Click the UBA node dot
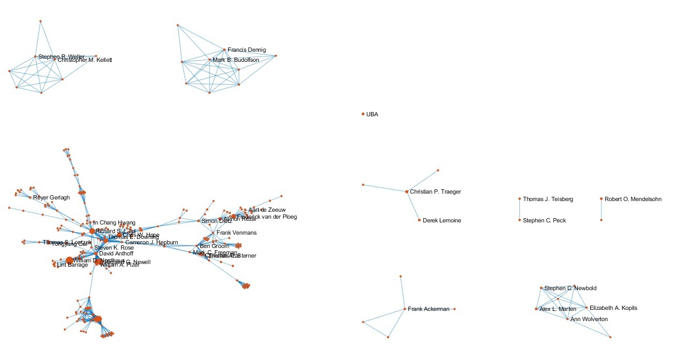pyautogui.click(x=363, y=114)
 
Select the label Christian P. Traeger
pyautogui.click(x=435, y=191)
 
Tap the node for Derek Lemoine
pyautogui.click(x=420, y=220)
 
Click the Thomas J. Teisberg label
pyautogui.click(x=548, y=199)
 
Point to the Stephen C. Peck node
pyautogui.click(x=520, y=220)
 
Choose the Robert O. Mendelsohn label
pyautogui.click(x=633, y=199)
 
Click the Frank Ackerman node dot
pyautogui.click(x=405, y=309)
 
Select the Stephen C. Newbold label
pyautogui.click(x=570, y=288)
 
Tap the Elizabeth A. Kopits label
pyautogui.click(x=613, y=308)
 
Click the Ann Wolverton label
pyautogui.click(x=589, y=319)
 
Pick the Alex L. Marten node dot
pyautogui.click(x=536, y=309)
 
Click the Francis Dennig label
pyautogui.click(x=246, y=50)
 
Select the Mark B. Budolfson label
pyautogui.click(x=236, y=60)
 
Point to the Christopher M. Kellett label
pyautogui.click(x=85, y=60)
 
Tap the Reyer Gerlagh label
pyautogui.click(x=51, y=197)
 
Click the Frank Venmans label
pyautogui.click(x=236, y=233)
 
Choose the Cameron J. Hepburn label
pyautogui.click(x=151, y=242)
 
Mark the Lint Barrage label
pyautogui.click(x=73, y=265)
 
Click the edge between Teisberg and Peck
pyautogui.click(x=520, y=210)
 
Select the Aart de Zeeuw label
pyautogui.click(x=267, y=210)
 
